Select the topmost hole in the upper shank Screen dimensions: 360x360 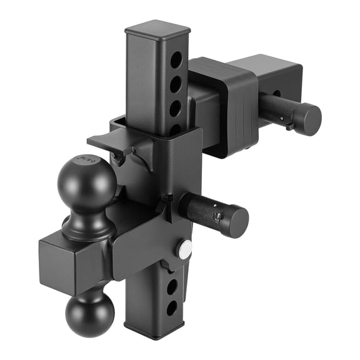176,61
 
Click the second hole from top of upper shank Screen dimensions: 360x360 176,84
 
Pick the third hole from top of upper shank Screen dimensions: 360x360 176,107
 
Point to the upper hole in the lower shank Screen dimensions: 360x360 172,287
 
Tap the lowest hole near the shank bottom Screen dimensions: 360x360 171,307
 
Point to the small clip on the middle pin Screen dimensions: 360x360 217,217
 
